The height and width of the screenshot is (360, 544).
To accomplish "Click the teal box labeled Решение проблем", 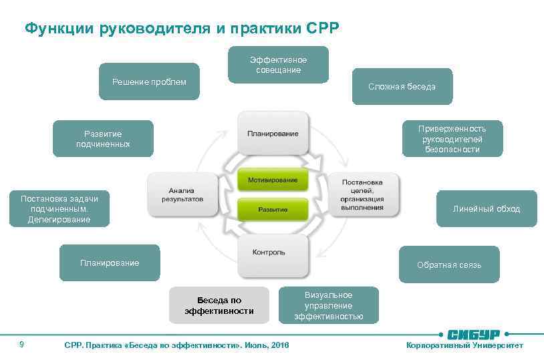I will (x=149, y=81).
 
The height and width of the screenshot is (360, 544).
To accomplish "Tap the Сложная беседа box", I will (x=402, y=86).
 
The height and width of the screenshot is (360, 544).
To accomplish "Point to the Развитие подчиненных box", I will (x=103, y=139).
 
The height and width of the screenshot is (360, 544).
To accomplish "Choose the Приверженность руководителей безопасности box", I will (x=452, y=139).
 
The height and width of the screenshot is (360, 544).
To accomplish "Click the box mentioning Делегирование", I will (x=59, y=209).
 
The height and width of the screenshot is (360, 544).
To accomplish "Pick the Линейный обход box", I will (x=486, y=209).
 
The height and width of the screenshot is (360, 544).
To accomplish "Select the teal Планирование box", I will (x=110, y=263).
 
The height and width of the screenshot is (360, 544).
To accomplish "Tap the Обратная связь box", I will (x=448, y=264).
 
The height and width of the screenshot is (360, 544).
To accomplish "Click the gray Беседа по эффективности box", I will (x=219, y=305).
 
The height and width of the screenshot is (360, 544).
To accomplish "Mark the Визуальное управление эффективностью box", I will (x=328, y=305).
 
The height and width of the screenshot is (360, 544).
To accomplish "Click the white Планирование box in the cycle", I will (x=273, y=134).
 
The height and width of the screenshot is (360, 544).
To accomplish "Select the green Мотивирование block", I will (x=273, y=180).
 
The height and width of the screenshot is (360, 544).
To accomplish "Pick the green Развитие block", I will (x=273, y=210).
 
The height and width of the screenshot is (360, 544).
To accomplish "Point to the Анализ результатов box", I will (x=182, y=194).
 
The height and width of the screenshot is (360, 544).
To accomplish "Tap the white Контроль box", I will (x=273, y=255).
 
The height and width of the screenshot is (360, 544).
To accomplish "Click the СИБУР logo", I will (x=474, y=333).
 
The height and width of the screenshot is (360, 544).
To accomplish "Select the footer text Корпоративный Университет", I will (x=464, y=345).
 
